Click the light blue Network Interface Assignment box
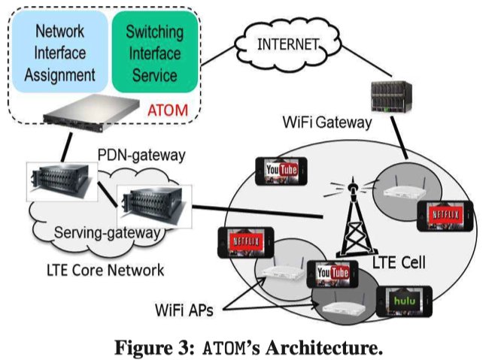tap(60, 52)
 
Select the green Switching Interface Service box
tap(155, 52)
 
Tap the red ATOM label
tap(168, 110)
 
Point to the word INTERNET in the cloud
tap(288, 44)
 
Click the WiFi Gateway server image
tap(391, 96)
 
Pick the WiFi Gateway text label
tap(327, 123)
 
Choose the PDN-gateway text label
tap(141, 156)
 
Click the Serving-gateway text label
tap(108, 233)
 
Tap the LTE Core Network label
tap(105, 271)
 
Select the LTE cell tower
tap(354, 218)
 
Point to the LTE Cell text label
tap(399, 263)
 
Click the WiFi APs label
tap(184, 310)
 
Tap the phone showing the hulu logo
tap(404, 301)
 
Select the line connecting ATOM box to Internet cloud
tap(217, 56)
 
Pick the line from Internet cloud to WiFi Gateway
tap(366, 61)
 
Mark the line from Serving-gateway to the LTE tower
tap(257, 212)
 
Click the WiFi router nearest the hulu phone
tap(345, 308)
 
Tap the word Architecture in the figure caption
tap(324, 348)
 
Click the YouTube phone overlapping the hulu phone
tap(333, 274)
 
